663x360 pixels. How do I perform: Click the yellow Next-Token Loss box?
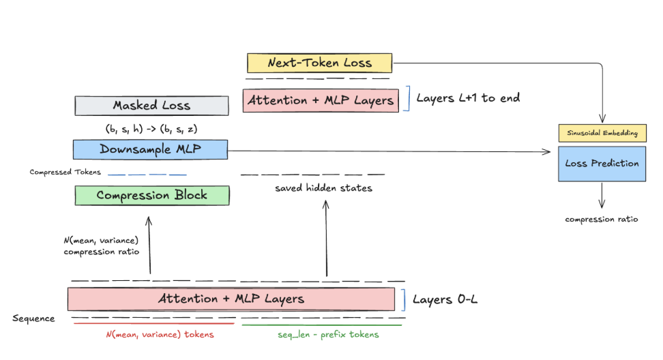click(319, 63)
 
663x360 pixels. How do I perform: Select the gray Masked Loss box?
click(151, 106)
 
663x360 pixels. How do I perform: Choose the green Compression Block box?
click(151, 195)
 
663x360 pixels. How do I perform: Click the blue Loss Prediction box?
click(602, 164)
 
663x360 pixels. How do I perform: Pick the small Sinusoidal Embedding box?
click(602, 134)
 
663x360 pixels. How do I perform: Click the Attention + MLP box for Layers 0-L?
click(231, 299)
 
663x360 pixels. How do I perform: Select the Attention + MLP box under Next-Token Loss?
click(321, 100)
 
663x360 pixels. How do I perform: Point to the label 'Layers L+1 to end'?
click(468, 98)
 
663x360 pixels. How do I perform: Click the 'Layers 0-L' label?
click(443, 299)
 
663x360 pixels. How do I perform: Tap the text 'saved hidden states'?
click(323, 187)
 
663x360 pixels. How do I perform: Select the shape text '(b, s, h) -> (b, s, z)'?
click(151, 127)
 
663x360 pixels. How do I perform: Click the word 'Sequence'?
click(33, 318)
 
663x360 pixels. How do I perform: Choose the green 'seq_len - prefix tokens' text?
click(328, 334)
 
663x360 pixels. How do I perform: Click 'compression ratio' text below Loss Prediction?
click(602, 219)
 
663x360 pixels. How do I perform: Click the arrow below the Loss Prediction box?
click(602, 195)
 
